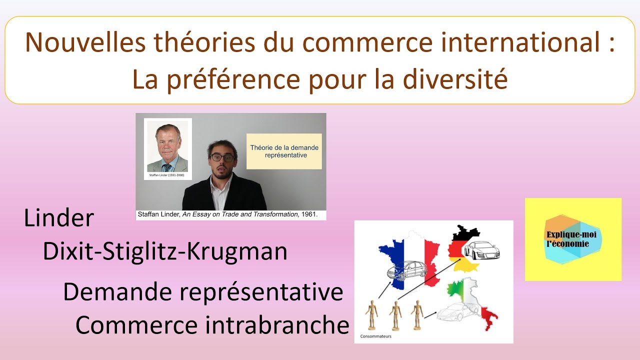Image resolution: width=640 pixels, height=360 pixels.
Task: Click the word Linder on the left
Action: point(59,219)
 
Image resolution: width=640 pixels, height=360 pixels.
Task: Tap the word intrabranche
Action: point(277,325)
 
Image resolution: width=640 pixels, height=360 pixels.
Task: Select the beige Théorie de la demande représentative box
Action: point(284,151)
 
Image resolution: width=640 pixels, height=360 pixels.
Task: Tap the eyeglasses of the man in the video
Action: point(222,157)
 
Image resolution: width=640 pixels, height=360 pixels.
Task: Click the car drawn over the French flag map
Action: point(406,270)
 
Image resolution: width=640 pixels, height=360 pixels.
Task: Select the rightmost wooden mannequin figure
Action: point(417,314)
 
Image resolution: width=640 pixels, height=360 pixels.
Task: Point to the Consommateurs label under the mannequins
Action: point(376,336)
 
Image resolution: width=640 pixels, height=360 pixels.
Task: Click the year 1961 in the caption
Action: point(315,215)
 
